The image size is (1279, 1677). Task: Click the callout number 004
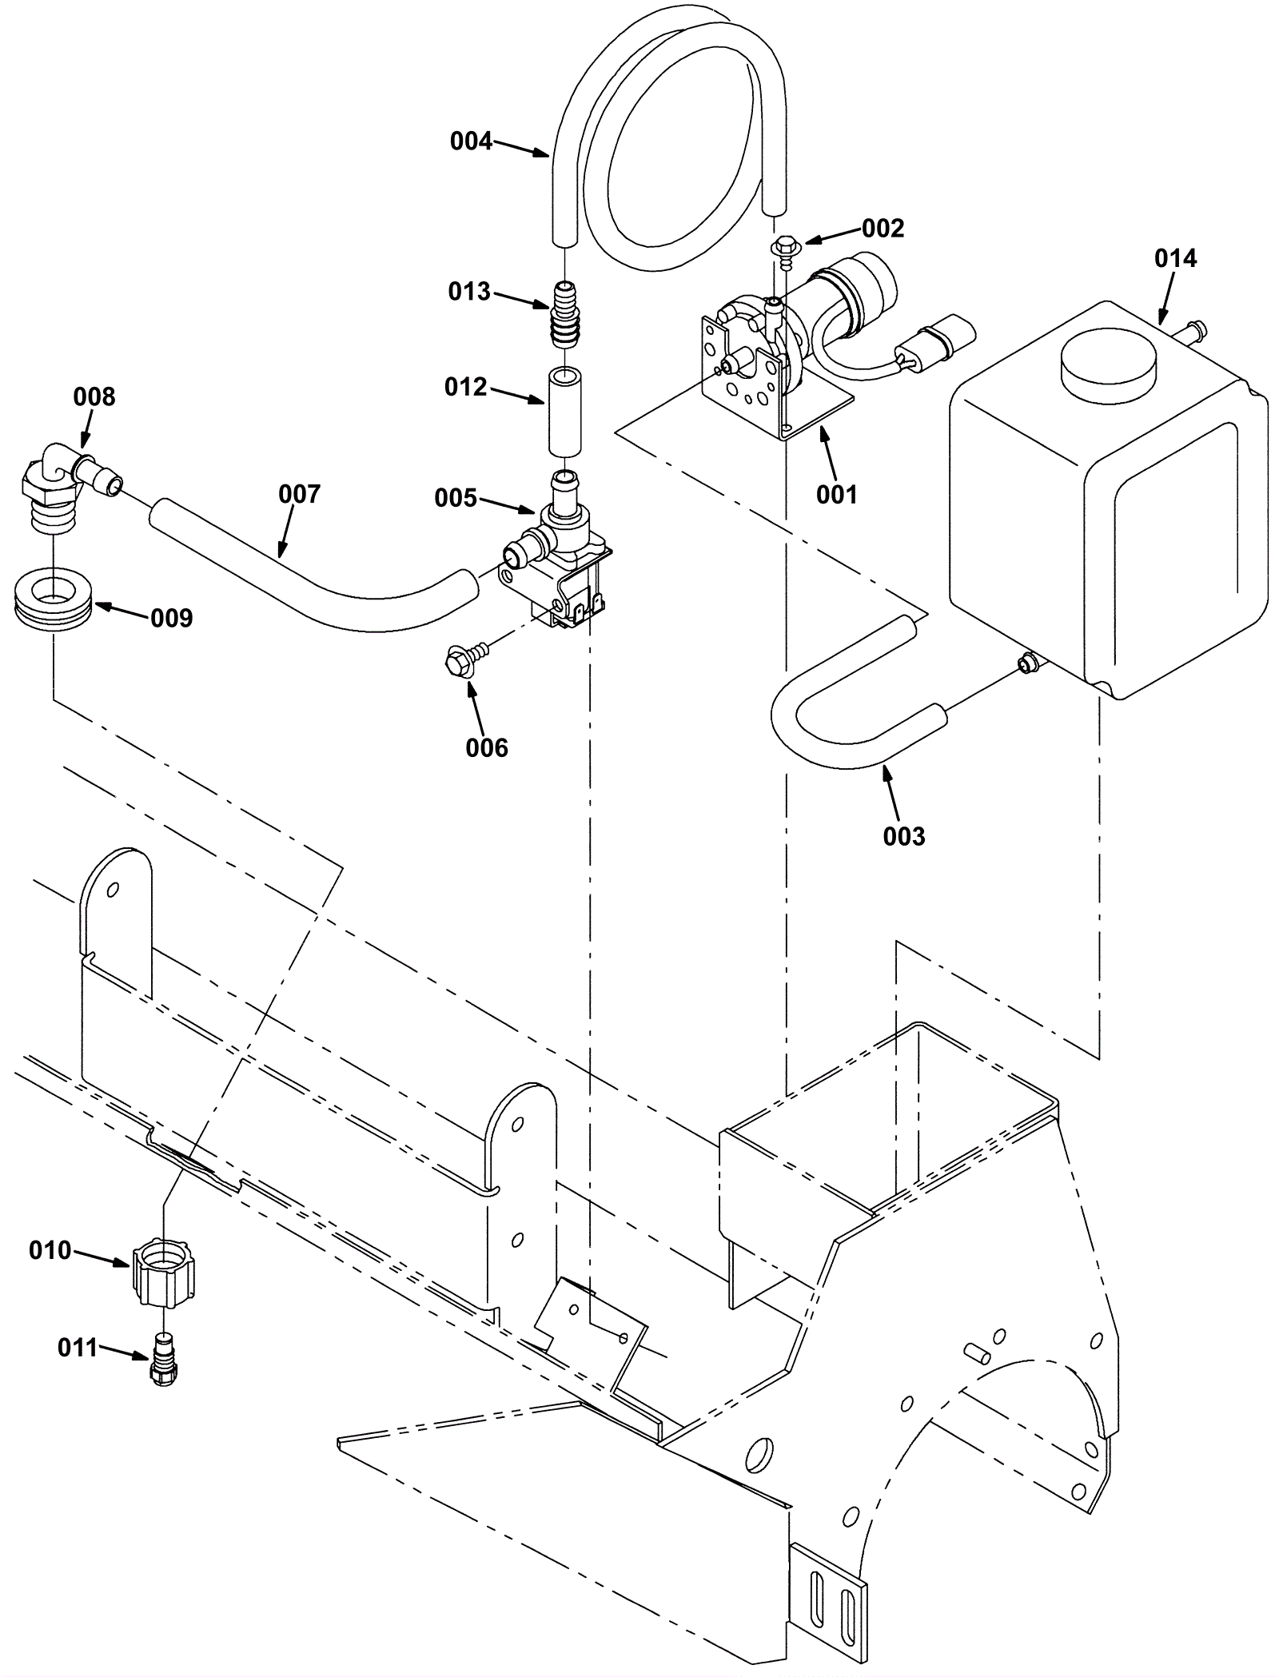point(471,141)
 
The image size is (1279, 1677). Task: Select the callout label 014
point(1175,258)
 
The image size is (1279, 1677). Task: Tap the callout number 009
point(172,618)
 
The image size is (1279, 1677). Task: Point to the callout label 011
point(78,1348)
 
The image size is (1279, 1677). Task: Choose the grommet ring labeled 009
point(54,605)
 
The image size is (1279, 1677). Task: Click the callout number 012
point(465,387)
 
